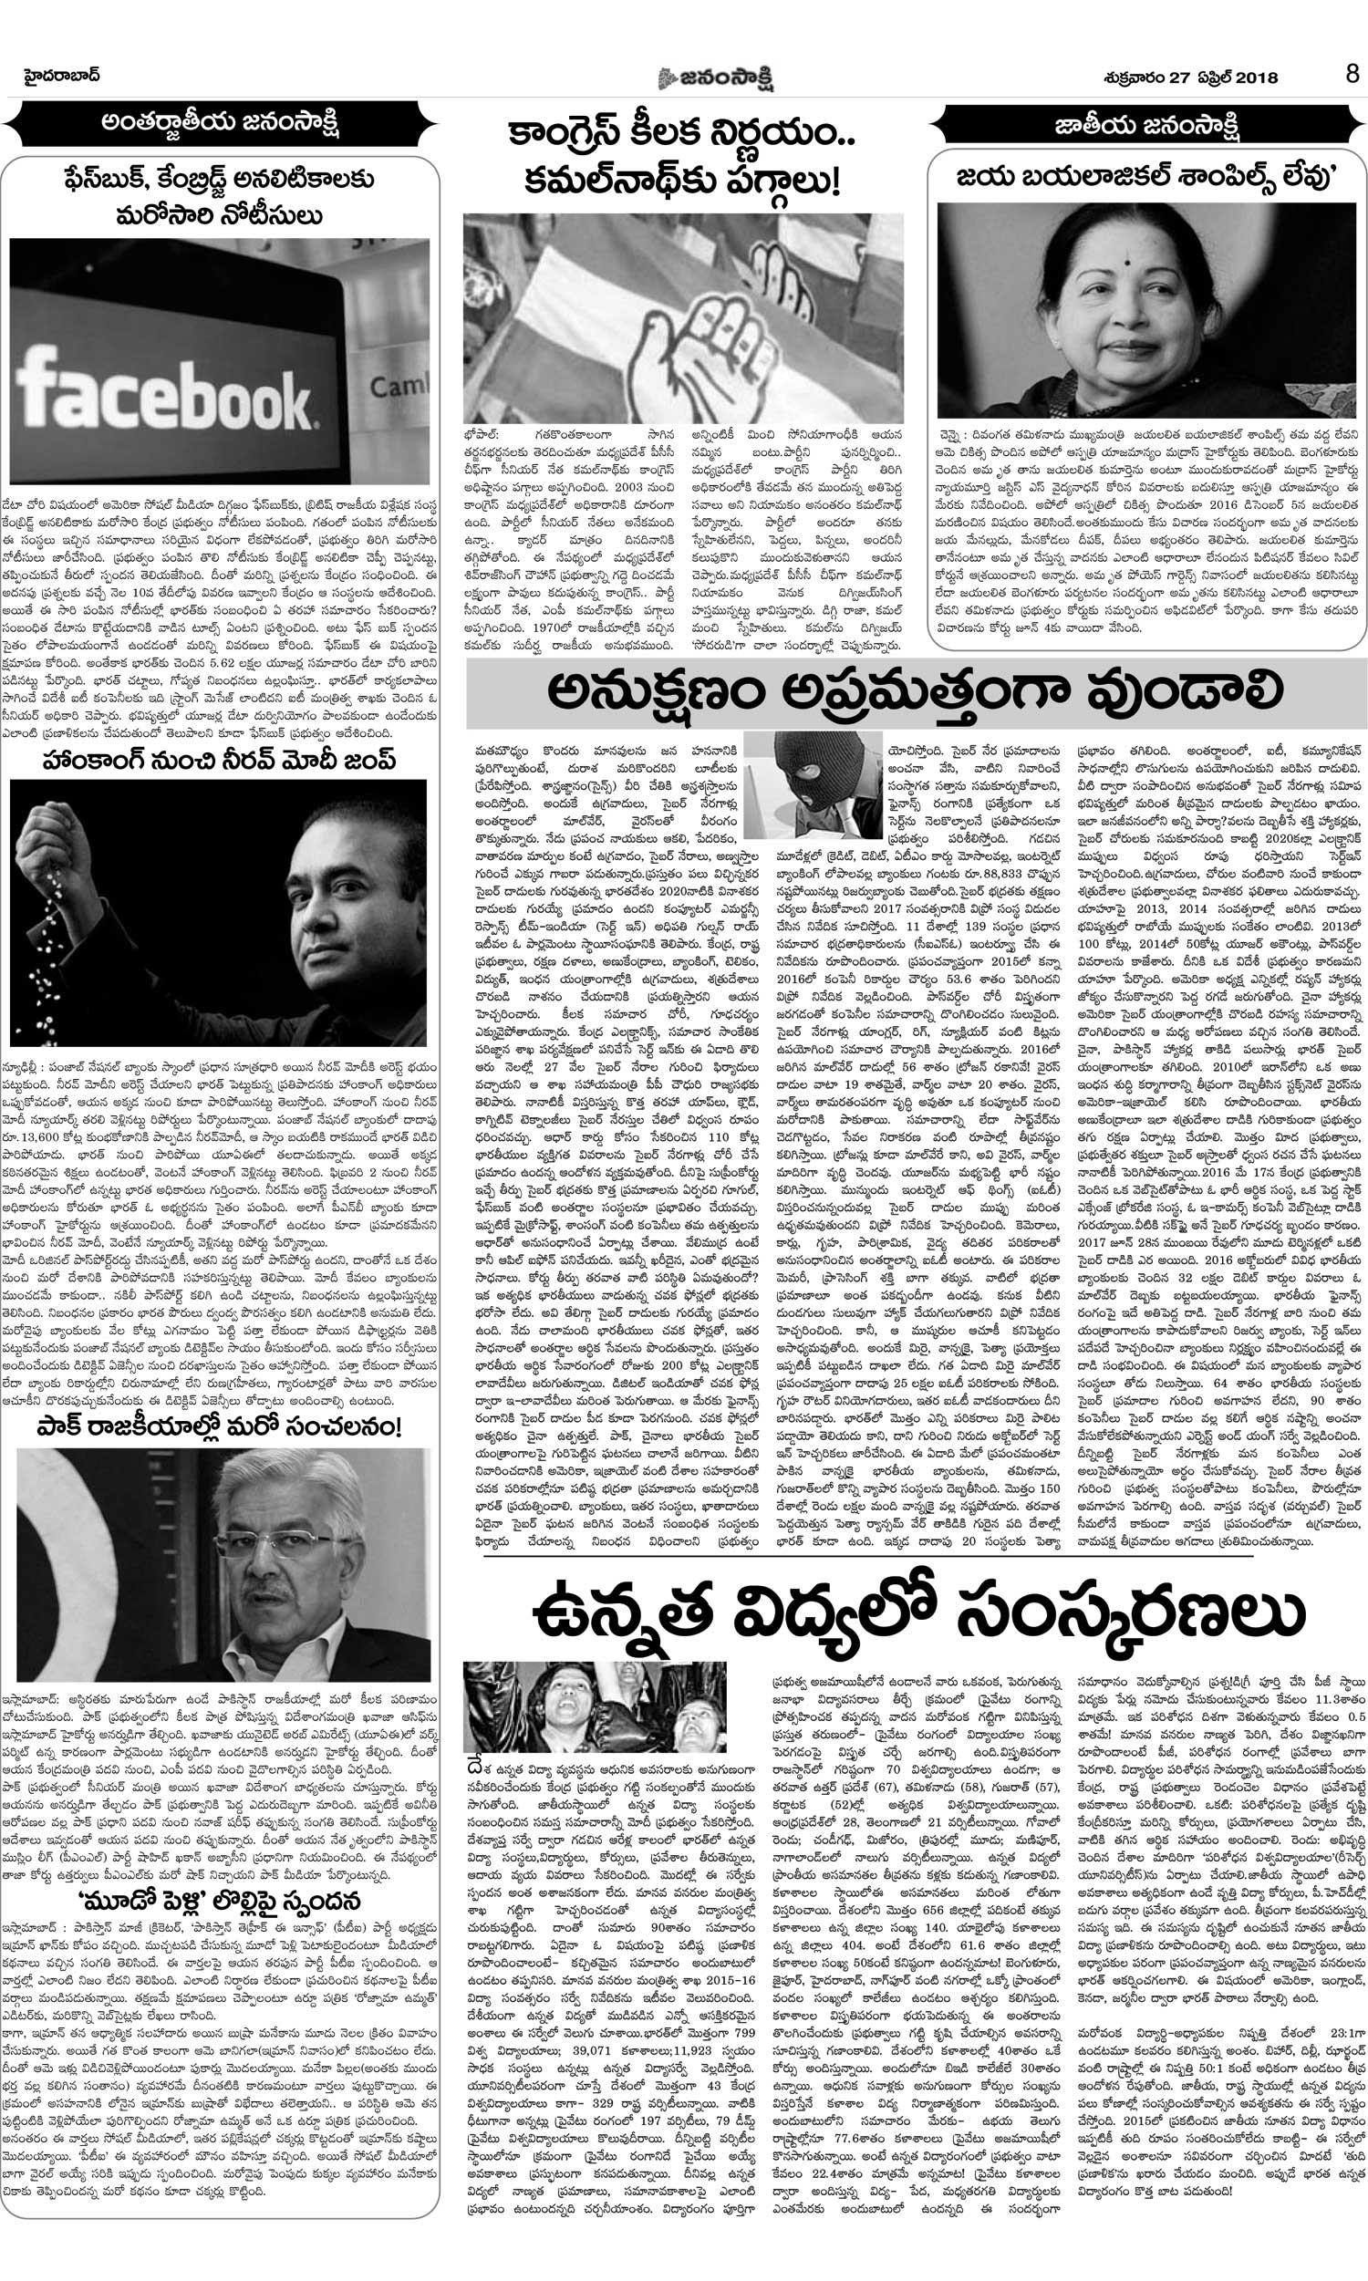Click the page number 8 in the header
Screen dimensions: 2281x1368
(1352, 75)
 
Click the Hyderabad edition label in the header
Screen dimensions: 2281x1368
(63, 76)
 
